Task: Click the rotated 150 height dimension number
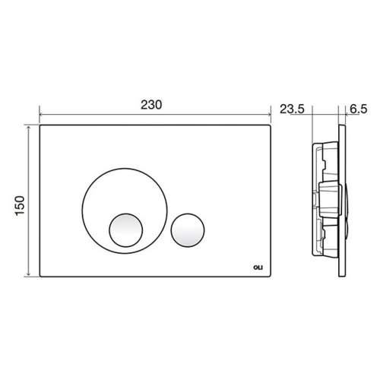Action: tap(21, 203)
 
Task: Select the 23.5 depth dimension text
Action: tap(293, 108)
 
